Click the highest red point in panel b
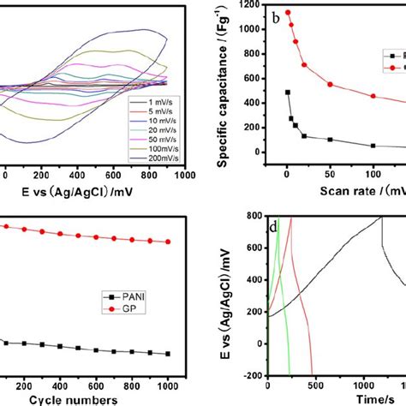288,13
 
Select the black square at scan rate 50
330,139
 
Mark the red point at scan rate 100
373,96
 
